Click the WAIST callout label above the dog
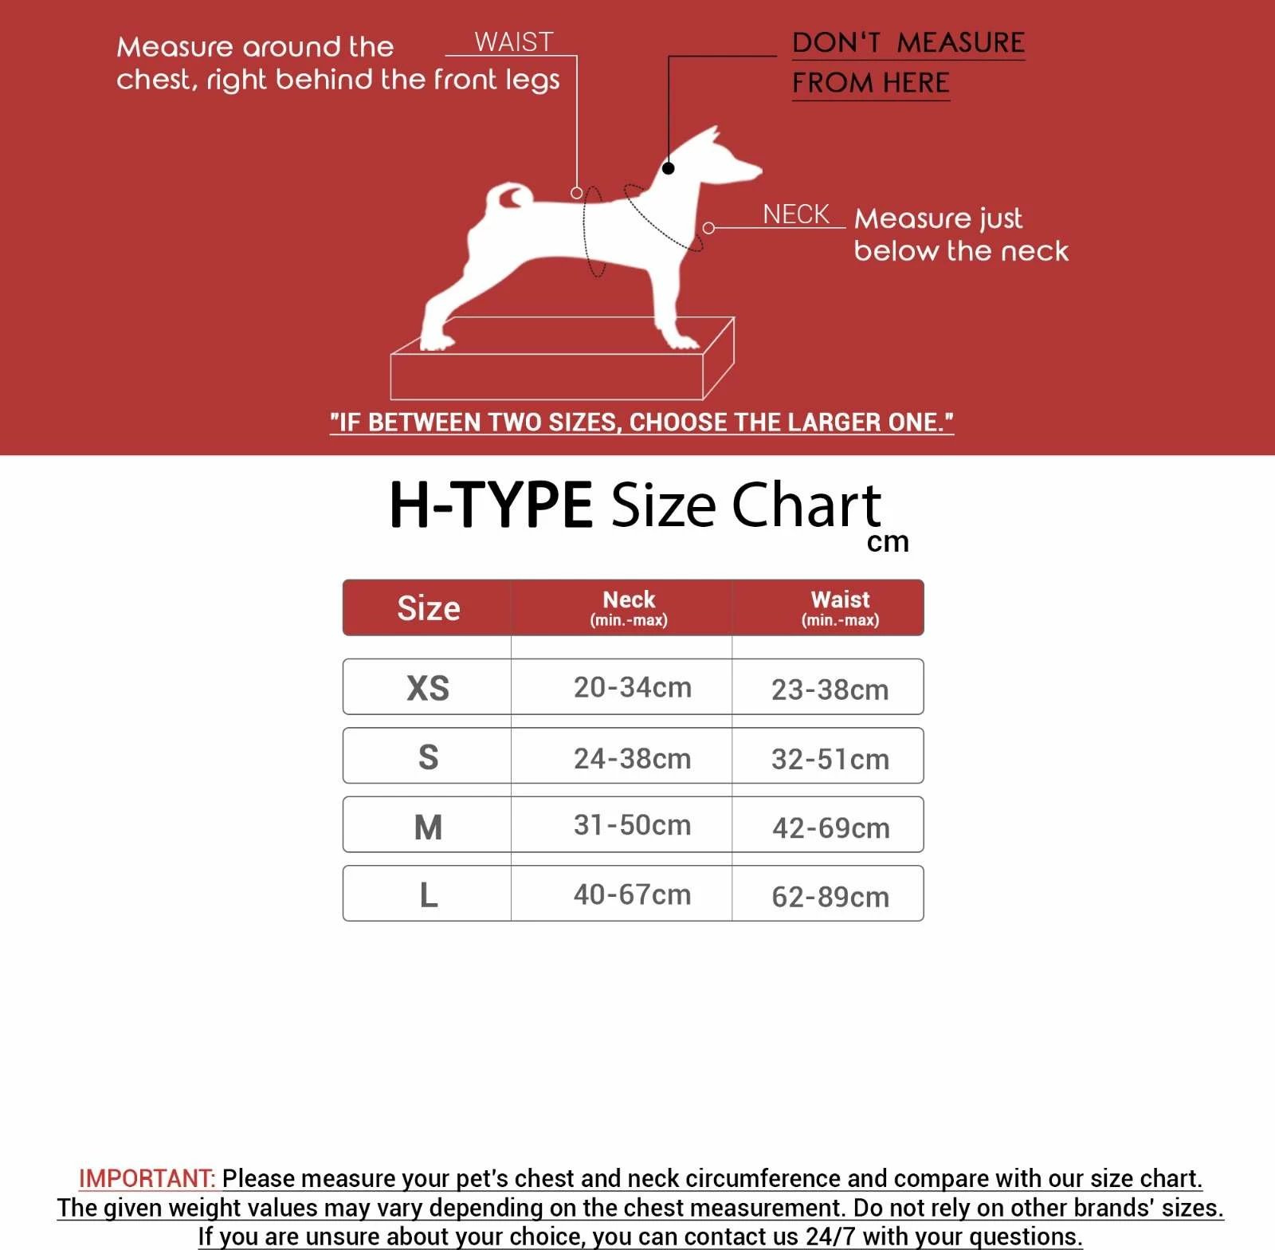(x=513, y=42)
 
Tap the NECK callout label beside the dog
(x=795, y=214)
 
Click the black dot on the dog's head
(x=669, y=168)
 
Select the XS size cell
(x=428, y=688)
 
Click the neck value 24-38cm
(x=632, y=758)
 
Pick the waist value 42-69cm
(x=830, y=827)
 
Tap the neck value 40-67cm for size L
(x=632, y=894)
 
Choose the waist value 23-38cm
(x=830, y=690)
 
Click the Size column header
(x=428, y=608)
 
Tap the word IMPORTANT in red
(x=147, y=1178)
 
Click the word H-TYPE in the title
(x=490, y=505)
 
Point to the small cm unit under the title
(x=888, y=542)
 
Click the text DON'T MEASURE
(x=908, y=43)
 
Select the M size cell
(x=428, y=827)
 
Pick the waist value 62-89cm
(x=830, y=897)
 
